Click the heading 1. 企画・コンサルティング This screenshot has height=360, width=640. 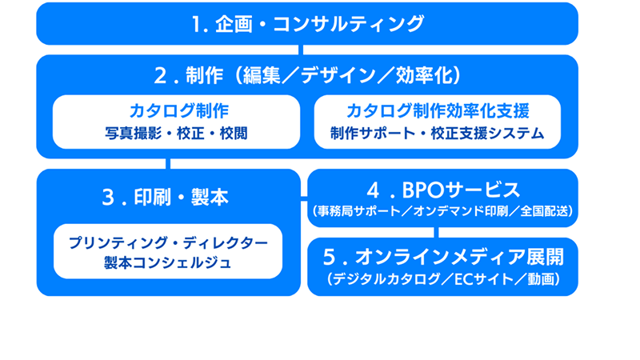pos(308,24)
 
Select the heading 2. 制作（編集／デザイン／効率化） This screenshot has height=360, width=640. pos(308,76)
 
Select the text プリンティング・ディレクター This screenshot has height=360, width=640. pos(168,242)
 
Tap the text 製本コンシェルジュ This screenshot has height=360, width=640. pos(168,262)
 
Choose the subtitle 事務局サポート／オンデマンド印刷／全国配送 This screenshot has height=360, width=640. pos(442,212)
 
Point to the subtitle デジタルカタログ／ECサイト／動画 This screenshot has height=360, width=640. pos(442,279)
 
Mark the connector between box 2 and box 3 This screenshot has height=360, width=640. pos(169,164)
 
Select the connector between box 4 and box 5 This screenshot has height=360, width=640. pos(437,233)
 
